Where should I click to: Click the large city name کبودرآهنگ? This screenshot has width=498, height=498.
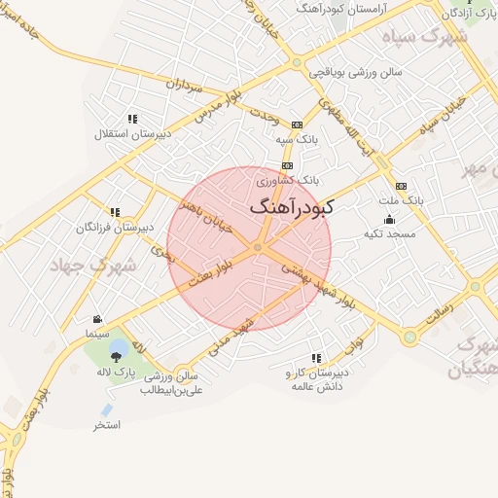[x=292, y=207]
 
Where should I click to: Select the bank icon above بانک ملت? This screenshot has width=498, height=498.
[x=401, y=186]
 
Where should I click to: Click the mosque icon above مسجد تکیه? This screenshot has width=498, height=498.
[x=389, y=219]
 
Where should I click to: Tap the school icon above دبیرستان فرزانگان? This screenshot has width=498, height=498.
[x=115, y=212]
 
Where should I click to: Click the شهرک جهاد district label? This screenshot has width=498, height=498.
[x=95, y=264]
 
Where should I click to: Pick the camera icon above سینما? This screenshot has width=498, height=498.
[x=97, y=319]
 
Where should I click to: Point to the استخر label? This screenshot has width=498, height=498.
[x=107, y=425]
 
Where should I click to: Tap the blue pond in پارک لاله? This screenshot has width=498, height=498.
[x=118, y=346]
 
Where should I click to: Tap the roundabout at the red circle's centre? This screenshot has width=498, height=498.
[x=258, y=249]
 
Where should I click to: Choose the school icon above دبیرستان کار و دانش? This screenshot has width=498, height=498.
[x=315, y=358]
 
